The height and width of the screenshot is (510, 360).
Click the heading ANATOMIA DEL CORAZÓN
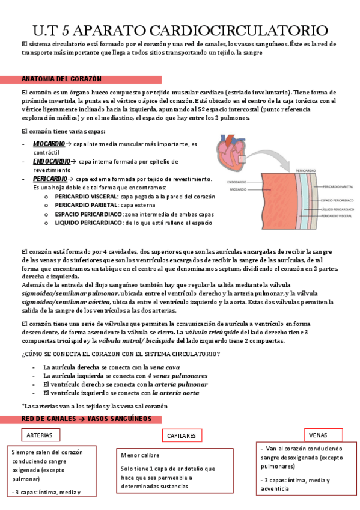click(61, 79)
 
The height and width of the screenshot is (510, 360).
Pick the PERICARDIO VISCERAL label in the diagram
click(337, 215)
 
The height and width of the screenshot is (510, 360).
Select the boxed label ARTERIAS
click(40, 435)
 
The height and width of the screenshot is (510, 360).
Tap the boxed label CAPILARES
click(182, 435)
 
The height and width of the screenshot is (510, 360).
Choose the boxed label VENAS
click(318, 435)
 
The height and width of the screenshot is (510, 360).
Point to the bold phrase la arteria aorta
click(175, 392)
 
